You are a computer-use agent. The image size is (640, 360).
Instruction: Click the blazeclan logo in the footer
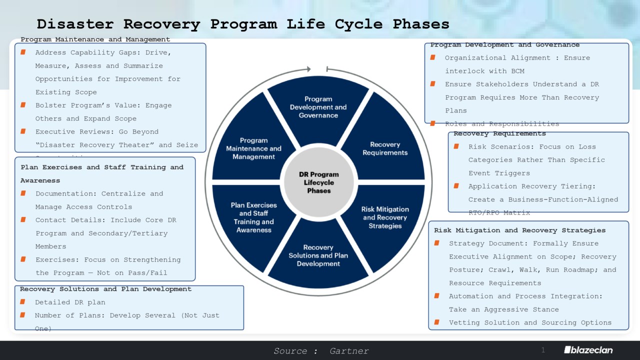[x=588, y=350]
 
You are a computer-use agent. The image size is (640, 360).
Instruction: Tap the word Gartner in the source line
[x=349, y=351]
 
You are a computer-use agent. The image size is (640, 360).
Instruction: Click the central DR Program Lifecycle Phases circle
[x=318, y=182]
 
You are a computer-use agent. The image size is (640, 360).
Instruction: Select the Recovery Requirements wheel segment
[x=385, y=148]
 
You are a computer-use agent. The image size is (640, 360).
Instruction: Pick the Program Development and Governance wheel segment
[x=318, y=107]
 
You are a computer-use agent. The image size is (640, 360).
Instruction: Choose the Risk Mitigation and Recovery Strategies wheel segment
[x=385, y=217]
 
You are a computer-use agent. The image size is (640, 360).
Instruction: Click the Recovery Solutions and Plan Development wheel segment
[x=318, y=255]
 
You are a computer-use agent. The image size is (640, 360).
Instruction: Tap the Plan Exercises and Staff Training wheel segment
[x=253, y=217]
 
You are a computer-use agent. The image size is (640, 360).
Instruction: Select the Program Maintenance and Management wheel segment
[x=253, y=148]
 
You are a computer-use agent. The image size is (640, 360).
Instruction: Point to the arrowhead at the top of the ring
[x=308, y=69]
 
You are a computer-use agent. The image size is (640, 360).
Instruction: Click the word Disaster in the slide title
[x=75, y=24]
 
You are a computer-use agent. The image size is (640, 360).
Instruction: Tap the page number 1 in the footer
[x=543, y=349]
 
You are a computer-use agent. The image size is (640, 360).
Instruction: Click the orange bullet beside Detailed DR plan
[x=23, y=302]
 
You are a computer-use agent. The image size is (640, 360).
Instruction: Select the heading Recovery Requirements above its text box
[x=499, y=133]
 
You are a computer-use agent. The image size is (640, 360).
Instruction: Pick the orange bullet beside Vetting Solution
[x=437, y=322]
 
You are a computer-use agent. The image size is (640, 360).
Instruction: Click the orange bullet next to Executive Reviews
[x=23, y=131]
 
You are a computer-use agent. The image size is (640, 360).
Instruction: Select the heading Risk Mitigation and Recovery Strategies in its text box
[x=519, y=230]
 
